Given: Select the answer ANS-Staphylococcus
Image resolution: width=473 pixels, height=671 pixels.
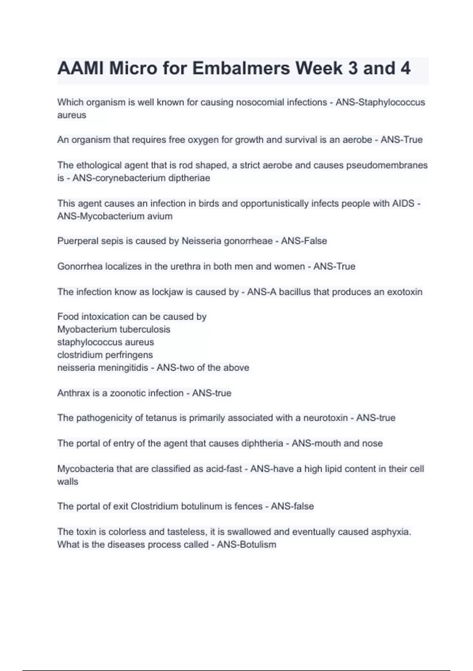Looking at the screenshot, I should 380,102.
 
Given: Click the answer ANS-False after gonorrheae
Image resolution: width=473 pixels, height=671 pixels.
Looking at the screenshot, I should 304,241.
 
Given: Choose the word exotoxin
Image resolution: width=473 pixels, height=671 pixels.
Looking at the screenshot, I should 404,292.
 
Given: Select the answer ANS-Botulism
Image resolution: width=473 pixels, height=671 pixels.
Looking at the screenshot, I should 246,545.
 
